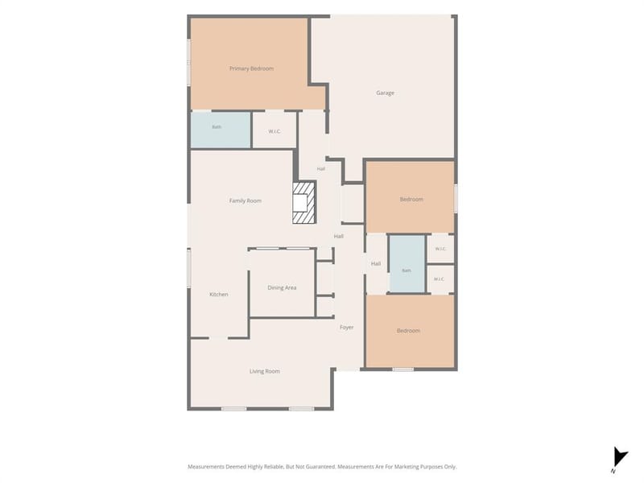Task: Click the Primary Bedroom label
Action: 251,68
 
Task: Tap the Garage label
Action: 385,93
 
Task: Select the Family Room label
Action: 246,200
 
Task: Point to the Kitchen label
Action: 218,295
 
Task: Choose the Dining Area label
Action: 282,288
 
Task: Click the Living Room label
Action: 265,371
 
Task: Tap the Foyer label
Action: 347,328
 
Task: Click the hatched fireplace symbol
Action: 304,203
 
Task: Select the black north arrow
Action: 620,458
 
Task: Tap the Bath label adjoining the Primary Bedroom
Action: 217,127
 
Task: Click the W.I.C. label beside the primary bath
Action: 275,131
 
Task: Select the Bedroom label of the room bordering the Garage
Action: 411,199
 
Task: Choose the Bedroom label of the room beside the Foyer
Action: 408,331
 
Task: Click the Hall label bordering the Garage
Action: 321,169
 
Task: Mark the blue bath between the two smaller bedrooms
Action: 407,264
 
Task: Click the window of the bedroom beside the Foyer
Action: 403,369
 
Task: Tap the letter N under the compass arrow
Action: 613,471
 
